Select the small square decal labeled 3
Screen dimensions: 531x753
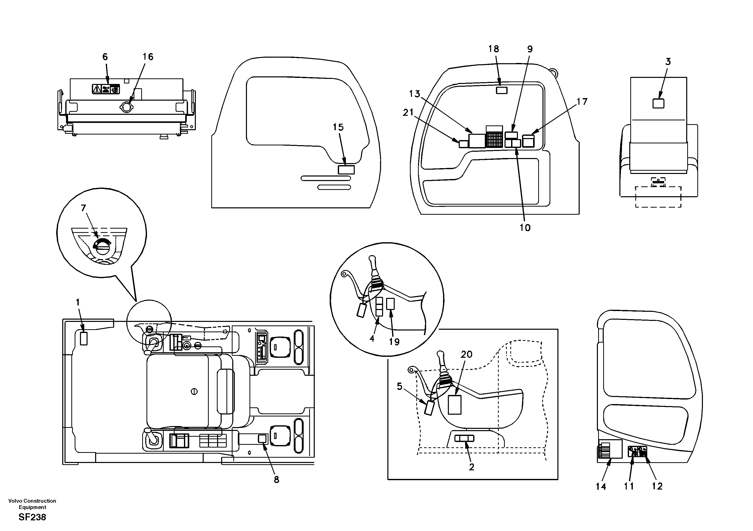pos(658,103)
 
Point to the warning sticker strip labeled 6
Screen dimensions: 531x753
pos(106,89)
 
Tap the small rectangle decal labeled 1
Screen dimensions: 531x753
pos(84,338)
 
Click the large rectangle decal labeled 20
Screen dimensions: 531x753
pos(454,405)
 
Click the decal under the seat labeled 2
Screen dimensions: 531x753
pos(464,438)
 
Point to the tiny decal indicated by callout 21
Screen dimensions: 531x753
pos(463,144)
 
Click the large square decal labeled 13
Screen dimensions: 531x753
pos(477,141)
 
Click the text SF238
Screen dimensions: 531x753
pos(32,517)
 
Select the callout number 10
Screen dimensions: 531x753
pos(525,228)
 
